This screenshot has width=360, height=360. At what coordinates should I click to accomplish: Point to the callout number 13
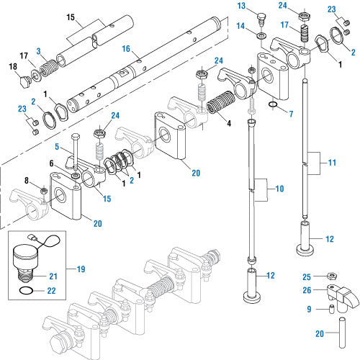coord(243,6)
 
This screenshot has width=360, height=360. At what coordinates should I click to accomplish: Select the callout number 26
coord(307,290)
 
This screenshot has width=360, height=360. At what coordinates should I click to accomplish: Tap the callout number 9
coord(309,310)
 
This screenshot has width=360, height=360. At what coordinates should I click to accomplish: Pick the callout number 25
coord(307,276)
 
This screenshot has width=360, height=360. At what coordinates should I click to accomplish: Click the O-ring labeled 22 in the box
coord(26,291)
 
